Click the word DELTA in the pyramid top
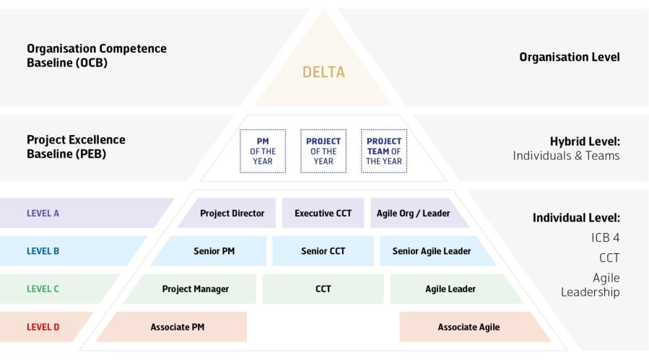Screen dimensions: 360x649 (x=323, y=72)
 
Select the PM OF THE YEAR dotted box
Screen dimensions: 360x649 (x=263, y=152)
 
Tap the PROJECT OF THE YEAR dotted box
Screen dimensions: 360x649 (x=323, y=152)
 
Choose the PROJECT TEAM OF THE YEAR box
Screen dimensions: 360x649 (x=384, y=152)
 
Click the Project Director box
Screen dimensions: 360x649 (x=232, y=214)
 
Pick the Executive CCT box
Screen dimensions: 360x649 (x=323, y=214)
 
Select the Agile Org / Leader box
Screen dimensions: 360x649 (x=414, y=214)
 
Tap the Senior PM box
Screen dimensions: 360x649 (x=214, y=251)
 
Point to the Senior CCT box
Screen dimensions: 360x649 (x=323, y=251)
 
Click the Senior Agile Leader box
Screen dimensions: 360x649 (x=432, y=251)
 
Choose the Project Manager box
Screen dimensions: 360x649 (x=195, y=289)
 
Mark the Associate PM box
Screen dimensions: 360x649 (x=177, y=327)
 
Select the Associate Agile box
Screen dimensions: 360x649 (x=469, y=327)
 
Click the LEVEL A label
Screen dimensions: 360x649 (x=43, y=214)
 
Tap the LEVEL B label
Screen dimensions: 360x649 (x=43, y=251)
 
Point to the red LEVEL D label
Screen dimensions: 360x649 (x=43, y=327)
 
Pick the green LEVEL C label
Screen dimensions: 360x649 (x=43, y=289)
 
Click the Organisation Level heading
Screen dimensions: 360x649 (x=569, y=57)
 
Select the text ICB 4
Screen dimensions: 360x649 (x=605, y=237)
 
